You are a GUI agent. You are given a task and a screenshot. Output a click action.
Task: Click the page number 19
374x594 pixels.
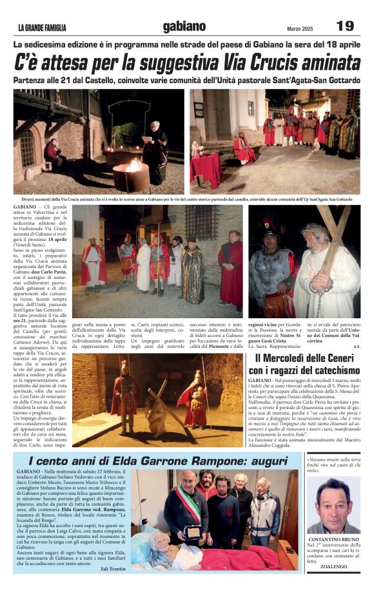coord(345,26)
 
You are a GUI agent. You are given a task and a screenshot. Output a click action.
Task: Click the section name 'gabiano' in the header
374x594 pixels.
coord(184,26)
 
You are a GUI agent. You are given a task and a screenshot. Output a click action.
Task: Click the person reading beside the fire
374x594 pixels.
coord(156,149)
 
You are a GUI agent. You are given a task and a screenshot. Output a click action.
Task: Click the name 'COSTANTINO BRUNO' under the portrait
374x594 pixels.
coord(333,539)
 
